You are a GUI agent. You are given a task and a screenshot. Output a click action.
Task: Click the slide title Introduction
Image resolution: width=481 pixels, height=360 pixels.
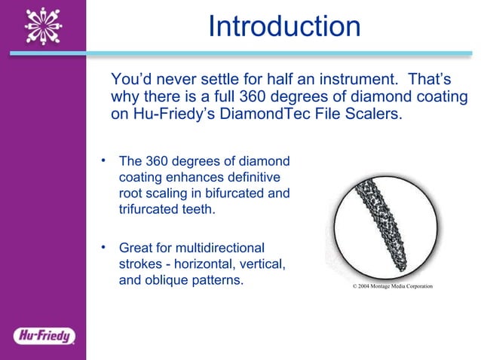[x=284, y=26]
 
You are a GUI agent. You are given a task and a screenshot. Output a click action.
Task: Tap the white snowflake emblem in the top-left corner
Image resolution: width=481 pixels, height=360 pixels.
[x=43, y=26]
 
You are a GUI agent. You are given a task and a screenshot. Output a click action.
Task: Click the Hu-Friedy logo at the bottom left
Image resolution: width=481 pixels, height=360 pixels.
[x=43, y=335]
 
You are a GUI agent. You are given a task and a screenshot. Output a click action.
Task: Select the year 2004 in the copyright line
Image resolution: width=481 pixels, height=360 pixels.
[x=364, y=287]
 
